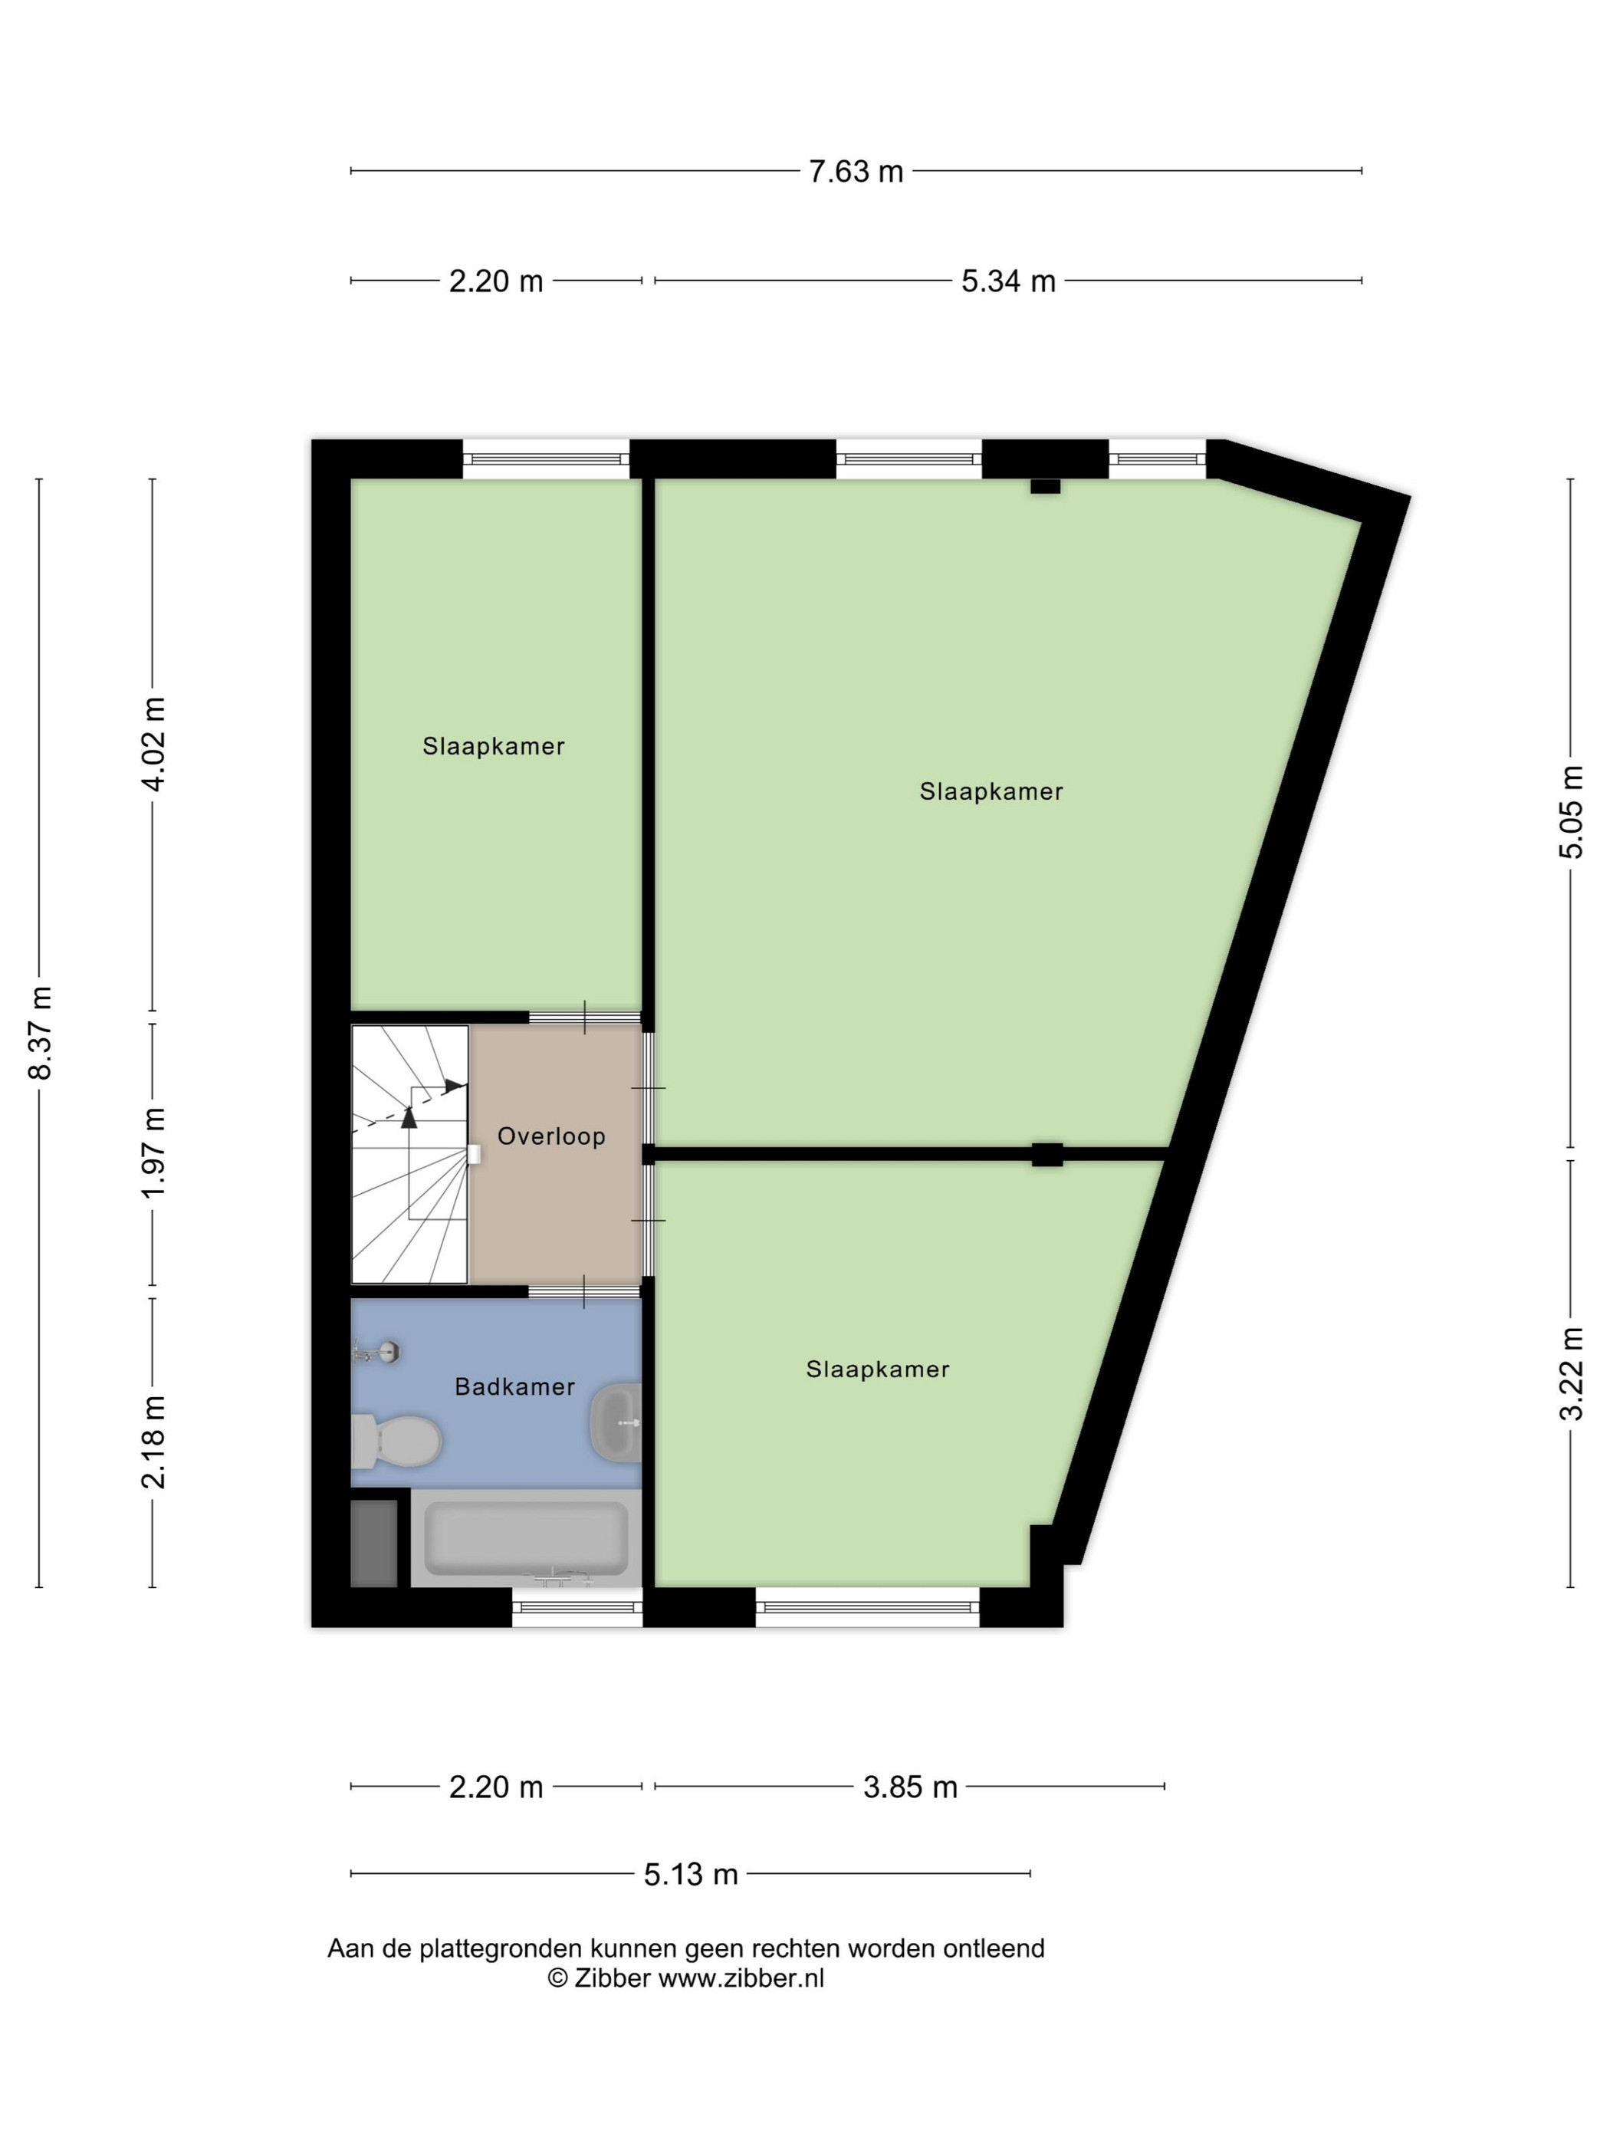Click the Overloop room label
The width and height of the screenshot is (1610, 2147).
coord(551,1136)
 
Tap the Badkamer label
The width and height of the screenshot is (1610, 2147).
coord(514,1387)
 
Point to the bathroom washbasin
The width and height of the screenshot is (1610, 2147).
coord(616,1424)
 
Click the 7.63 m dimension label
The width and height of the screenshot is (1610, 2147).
coord(856,172)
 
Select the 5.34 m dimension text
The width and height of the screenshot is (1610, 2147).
coord(1008,281)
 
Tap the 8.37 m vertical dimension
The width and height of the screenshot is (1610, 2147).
coord(40,1032)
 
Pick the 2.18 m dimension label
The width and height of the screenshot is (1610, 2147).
coord(153,1442)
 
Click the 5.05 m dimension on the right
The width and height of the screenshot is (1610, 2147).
coord(1570,811)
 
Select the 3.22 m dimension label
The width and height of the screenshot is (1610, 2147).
coord(1570,1373)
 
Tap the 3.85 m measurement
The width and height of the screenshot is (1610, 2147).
coord(910,1787)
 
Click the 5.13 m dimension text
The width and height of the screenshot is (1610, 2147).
coord(691,1874)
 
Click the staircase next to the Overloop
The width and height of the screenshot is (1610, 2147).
coord(409,1154)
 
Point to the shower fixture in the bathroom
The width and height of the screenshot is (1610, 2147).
coord(376,1351)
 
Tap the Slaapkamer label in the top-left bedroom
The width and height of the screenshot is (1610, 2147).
coord(493,746)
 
